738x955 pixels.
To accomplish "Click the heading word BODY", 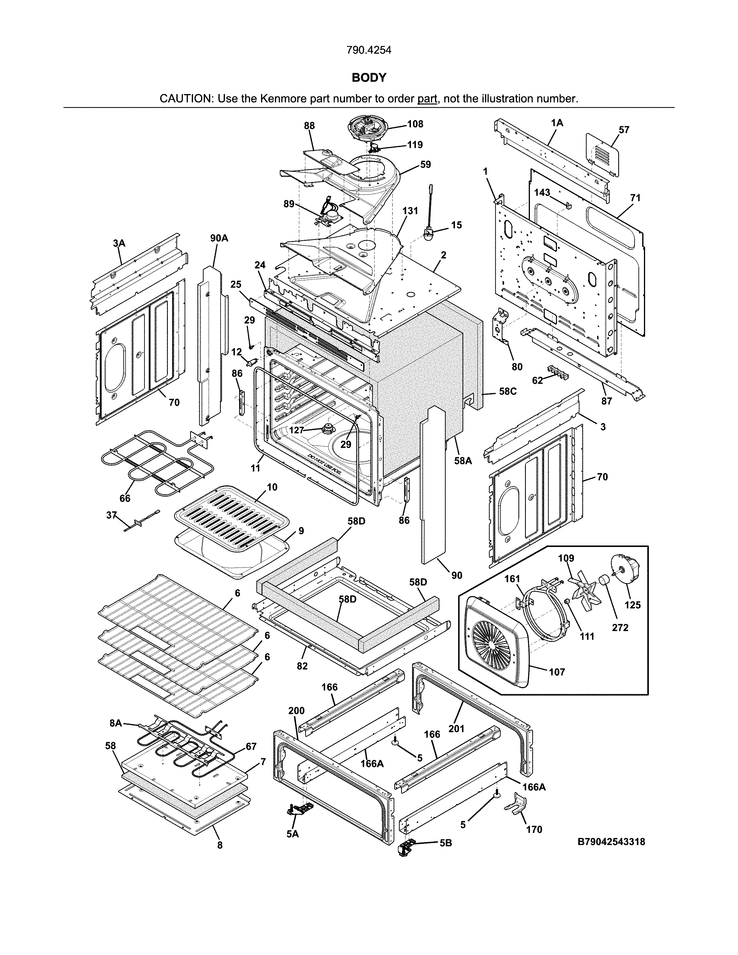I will [x=369, y=78].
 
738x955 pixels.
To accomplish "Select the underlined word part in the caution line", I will [x=427, y=99].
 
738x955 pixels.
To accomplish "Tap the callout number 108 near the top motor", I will [x=415, y=124].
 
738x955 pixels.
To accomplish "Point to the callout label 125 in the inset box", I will [x=632, y=605].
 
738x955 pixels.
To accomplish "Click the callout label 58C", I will [x=508, y=391].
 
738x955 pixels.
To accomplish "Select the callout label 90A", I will [x=219, y=238].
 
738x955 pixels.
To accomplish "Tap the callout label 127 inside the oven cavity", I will [x=296, y=430].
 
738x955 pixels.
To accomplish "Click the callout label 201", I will [x=456, y=728].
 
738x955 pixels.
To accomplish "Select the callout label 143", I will [x=542, y=193].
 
